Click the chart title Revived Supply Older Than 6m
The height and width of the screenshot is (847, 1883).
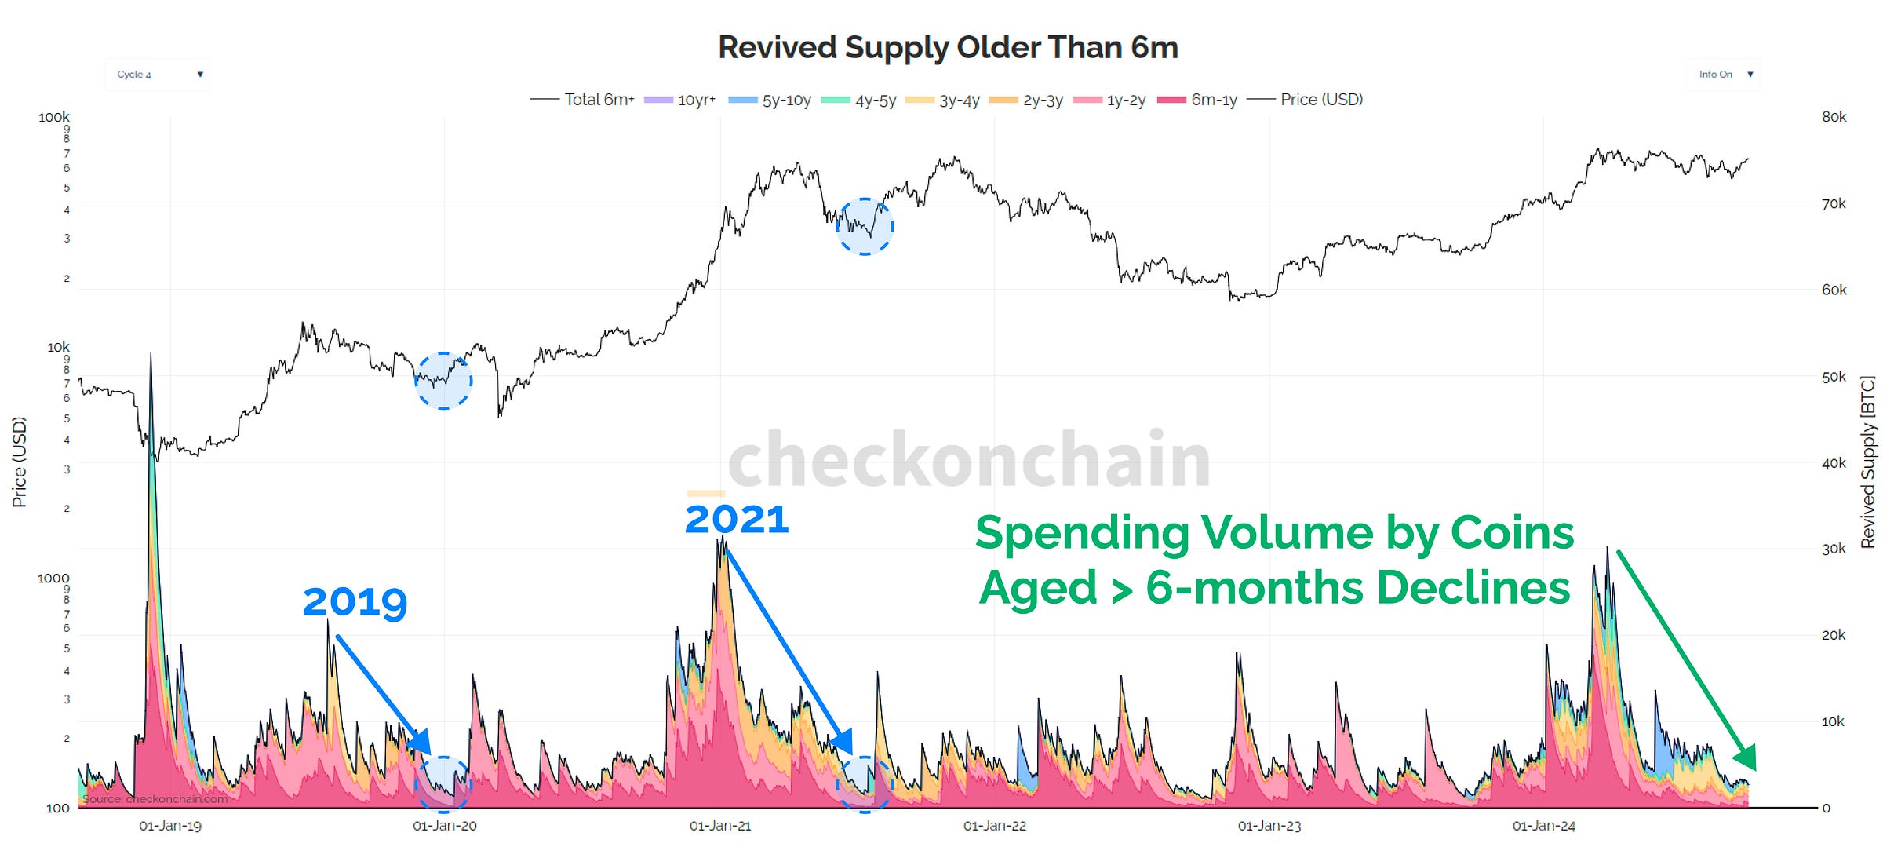(x=948, y=47)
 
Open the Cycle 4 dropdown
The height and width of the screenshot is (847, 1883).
(x=157, y=75)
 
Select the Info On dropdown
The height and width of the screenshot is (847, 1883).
(x=1723, y=75)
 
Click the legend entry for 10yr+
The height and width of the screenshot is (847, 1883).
(x=679, y=100)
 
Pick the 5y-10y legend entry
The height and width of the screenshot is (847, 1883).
(x=770, y=100)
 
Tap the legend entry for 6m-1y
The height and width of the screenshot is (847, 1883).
(x=1197, y=100)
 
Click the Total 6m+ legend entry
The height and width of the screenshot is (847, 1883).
(x=582, y=100)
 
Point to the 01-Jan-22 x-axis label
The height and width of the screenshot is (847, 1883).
(x=994, y=826)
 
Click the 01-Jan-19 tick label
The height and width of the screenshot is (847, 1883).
(x=170, y=826)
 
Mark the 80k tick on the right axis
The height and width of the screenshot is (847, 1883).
(x=1834, y=117)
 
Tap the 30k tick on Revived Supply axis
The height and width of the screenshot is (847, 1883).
(x=1833, y=549)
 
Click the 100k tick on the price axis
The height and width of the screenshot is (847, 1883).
(x=53, y=117)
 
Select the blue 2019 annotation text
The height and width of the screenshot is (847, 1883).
(x=355, y=603)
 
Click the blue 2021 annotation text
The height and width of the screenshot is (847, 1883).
(x=736, y=520)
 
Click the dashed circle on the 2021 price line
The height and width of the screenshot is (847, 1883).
(x=865, y=226)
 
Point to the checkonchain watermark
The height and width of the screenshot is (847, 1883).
(x=969, y=460)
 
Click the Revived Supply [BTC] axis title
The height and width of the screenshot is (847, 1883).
(x=1868, y=462)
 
